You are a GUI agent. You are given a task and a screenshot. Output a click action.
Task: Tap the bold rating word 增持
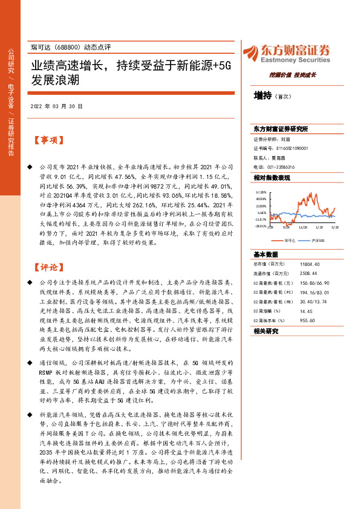coord(263,95)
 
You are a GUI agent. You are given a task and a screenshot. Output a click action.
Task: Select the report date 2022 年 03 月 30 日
coord(56,106)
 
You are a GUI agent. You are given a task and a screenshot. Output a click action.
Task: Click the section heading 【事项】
coord(47,140)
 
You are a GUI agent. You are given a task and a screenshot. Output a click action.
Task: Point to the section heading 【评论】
coord(47,267)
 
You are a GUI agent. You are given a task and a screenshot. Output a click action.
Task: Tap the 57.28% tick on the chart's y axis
coord(261,192)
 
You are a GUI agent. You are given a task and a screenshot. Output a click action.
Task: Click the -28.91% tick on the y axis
coord(260,227)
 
